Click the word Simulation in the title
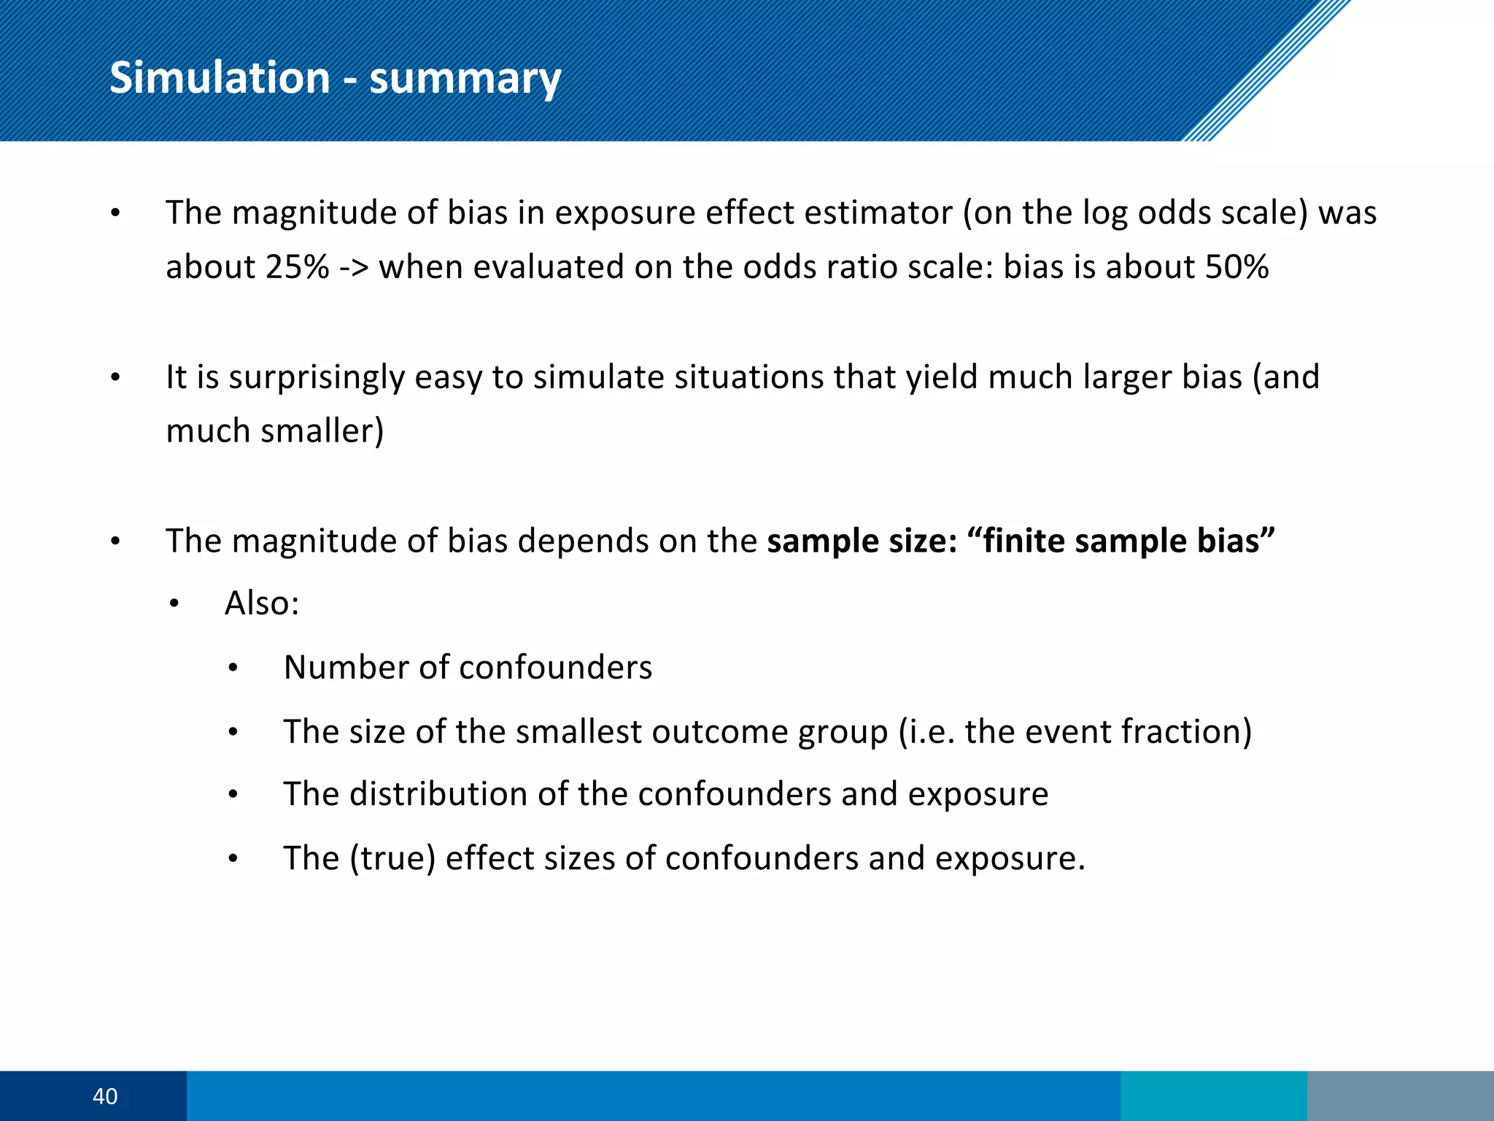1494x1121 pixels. click(x=220, y=77)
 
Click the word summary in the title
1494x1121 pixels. click(x=465, y=79)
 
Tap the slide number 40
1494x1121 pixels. click(x=105, y=1096)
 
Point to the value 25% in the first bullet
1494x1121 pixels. click(x=297, y=267)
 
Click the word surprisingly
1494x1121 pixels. click(x=317, y=378)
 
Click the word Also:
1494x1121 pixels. click(x=262, y=604)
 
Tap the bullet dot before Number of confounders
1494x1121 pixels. click(x=233, y=668)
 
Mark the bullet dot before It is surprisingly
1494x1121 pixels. click(x=115, y=378)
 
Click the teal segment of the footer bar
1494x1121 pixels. click(x=1213, y=1095)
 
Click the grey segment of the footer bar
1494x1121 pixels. click(x=1400, y=1095)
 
